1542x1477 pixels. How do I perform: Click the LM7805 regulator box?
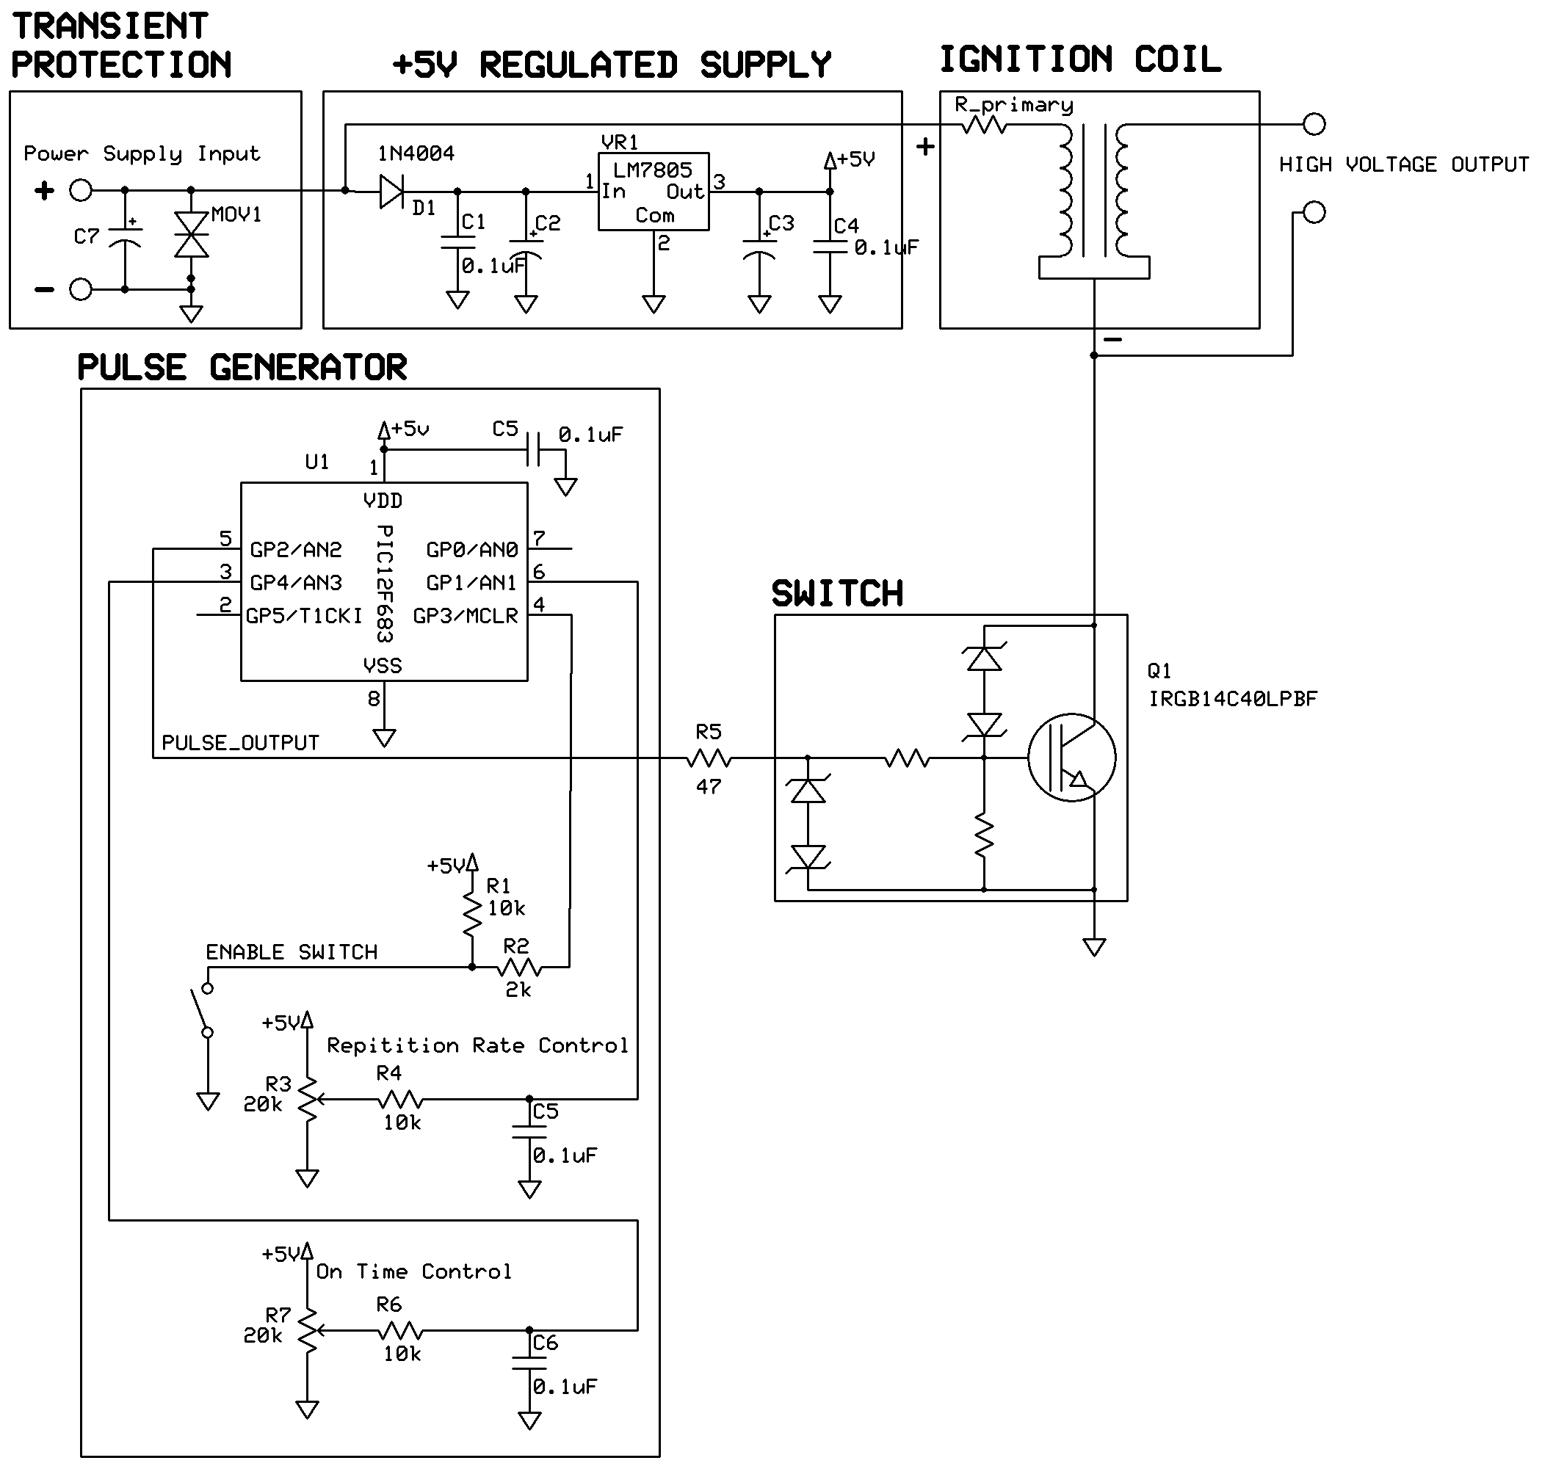653,191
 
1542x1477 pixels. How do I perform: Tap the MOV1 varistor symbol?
191,234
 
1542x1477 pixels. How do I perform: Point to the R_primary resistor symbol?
983,124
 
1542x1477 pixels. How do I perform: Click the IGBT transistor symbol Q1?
1071,758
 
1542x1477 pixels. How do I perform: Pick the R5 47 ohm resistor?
709,759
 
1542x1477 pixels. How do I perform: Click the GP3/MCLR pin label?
466,616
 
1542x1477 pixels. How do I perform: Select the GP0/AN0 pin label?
472,550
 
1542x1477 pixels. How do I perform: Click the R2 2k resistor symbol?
519,967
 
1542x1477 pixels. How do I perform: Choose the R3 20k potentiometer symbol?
308,1100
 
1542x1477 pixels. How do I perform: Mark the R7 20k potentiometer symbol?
308,1331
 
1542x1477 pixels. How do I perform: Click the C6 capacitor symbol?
529,1362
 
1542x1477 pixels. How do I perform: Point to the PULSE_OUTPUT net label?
240,743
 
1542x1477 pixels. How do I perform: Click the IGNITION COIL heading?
1079,59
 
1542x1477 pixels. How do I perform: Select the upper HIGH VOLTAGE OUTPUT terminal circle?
1314,124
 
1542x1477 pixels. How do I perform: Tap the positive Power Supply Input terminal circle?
81,190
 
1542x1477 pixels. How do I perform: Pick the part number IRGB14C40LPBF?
1232,699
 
